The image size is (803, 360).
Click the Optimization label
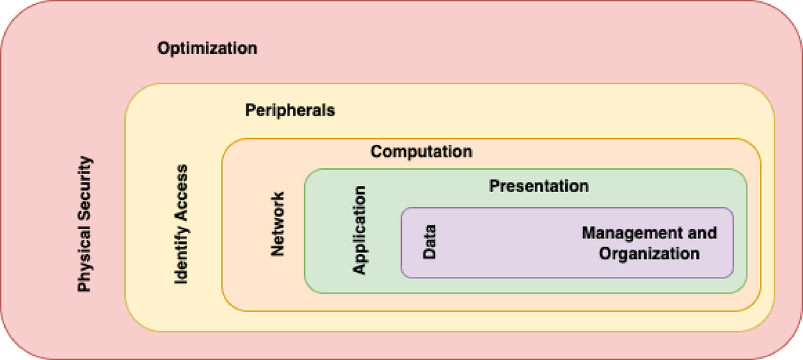pyautogui.click(x=207, y=48)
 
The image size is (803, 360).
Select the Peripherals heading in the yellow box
pyautogui.click(x=290, y=110)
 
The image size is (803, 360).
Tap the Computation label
pyautogui.click(x=421, y=151)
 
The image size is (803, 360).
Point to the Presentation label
pyautogui.click(x=539, y=186)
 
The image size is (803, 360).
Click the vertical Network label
pyautogui.click(x=278, y=225)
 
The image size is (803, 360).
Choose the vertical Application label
pyautogui.click(x=359, y=230)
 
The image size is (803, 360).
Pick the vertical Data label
pyautogui.click(x=429, y=242)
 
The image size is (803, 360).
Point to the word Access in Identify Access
pyautogui.click(x=181, y=191)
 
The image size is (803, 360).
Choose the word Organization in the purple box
pyautogui.click(x=649, y=254)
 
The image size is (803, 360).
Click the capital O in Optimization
pyautogui.click(x=163, y=48)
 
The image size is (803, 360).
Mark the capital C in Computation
pyautogui.click(x=376, y=151)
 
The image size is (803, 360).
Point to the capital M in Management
pyautogui.click(x=588, y=233)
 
